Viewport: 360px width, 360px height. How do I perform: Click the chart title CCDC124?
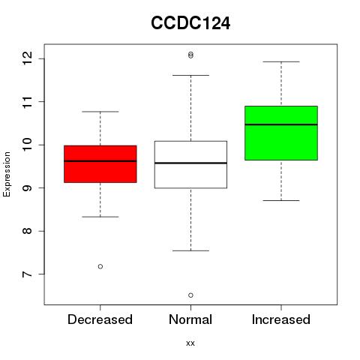(190, 23)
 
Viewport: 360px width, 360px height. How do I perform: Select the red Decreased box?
(100, 164)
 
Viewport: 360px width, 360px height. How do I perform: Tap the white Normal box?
(190, 164)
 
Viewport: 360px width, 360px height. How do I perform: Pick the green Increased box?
(281, 133)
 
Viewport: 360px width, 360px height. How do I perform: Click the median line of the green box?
(281, 124)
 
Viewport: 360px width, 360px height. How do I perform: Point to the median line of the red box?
(100, 161)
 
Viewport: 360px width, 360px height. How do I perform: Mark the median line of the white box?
(190, 163)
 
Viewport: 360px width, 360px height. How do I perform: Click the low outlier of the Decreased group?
(100, 266)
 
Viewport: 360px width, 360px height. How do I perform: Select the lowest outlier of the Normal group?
(190, 295)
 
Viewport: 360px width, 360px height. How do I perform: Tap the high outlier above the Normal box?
(190, 55)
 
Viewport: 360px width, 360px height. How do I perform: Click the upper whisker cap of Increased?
(281, 61)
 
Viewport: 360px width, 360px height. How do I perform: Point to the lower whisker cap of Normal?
(190, 250)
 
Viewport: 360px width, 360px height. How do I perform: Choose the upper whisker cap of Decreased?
(100, 112)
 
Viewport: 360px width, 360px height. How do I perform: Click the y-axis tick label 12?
(27, 58)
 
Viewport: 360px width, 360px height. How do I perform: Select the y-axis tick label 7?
(27, 274)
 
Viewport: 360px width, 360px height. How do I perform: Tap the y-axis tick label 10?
(27, 145)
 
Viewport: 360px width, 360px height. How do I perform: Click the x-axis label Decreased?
(100, 319)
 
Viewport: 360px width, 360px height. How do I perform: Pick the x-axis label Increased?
(281, 319)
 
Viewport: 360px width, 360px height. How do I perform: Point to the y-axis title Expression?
(7, 174)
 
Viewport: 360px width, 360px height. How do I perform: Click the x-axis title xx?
(190, 343)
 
